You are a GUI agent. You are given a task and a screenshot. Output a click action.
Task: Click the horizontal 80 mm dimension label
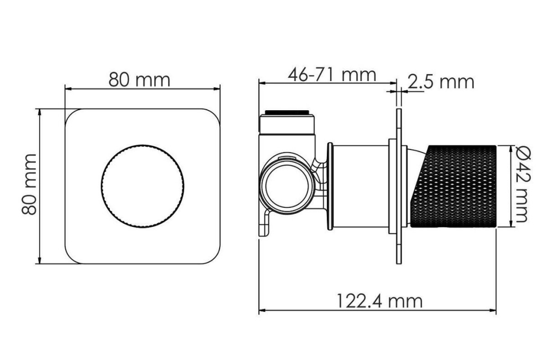point(139,80)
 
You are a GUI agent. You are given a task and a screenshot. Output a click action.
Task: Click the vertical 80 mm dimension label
point(29,185)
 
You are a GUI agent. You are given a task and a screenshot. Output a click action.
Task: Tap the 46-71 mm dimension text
point(332,75)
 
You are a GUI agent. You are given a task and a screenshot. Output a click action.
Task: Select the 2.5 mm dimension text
point(441,82)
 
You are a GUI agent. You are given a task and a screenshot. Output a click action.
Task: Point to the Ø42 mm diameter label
point(521,183)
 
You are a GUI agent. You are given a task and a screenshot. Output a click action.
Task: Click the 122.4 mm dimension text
point(379,301)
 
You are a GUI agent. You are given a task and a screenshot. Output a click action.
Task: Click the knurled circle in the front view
point(143,186)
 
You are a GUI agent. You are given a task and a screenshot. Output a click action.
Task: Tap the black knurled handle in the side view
point(454,186)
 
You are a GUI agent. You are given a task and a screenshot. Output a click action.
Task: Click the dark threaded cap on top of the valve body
point(286,112)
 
